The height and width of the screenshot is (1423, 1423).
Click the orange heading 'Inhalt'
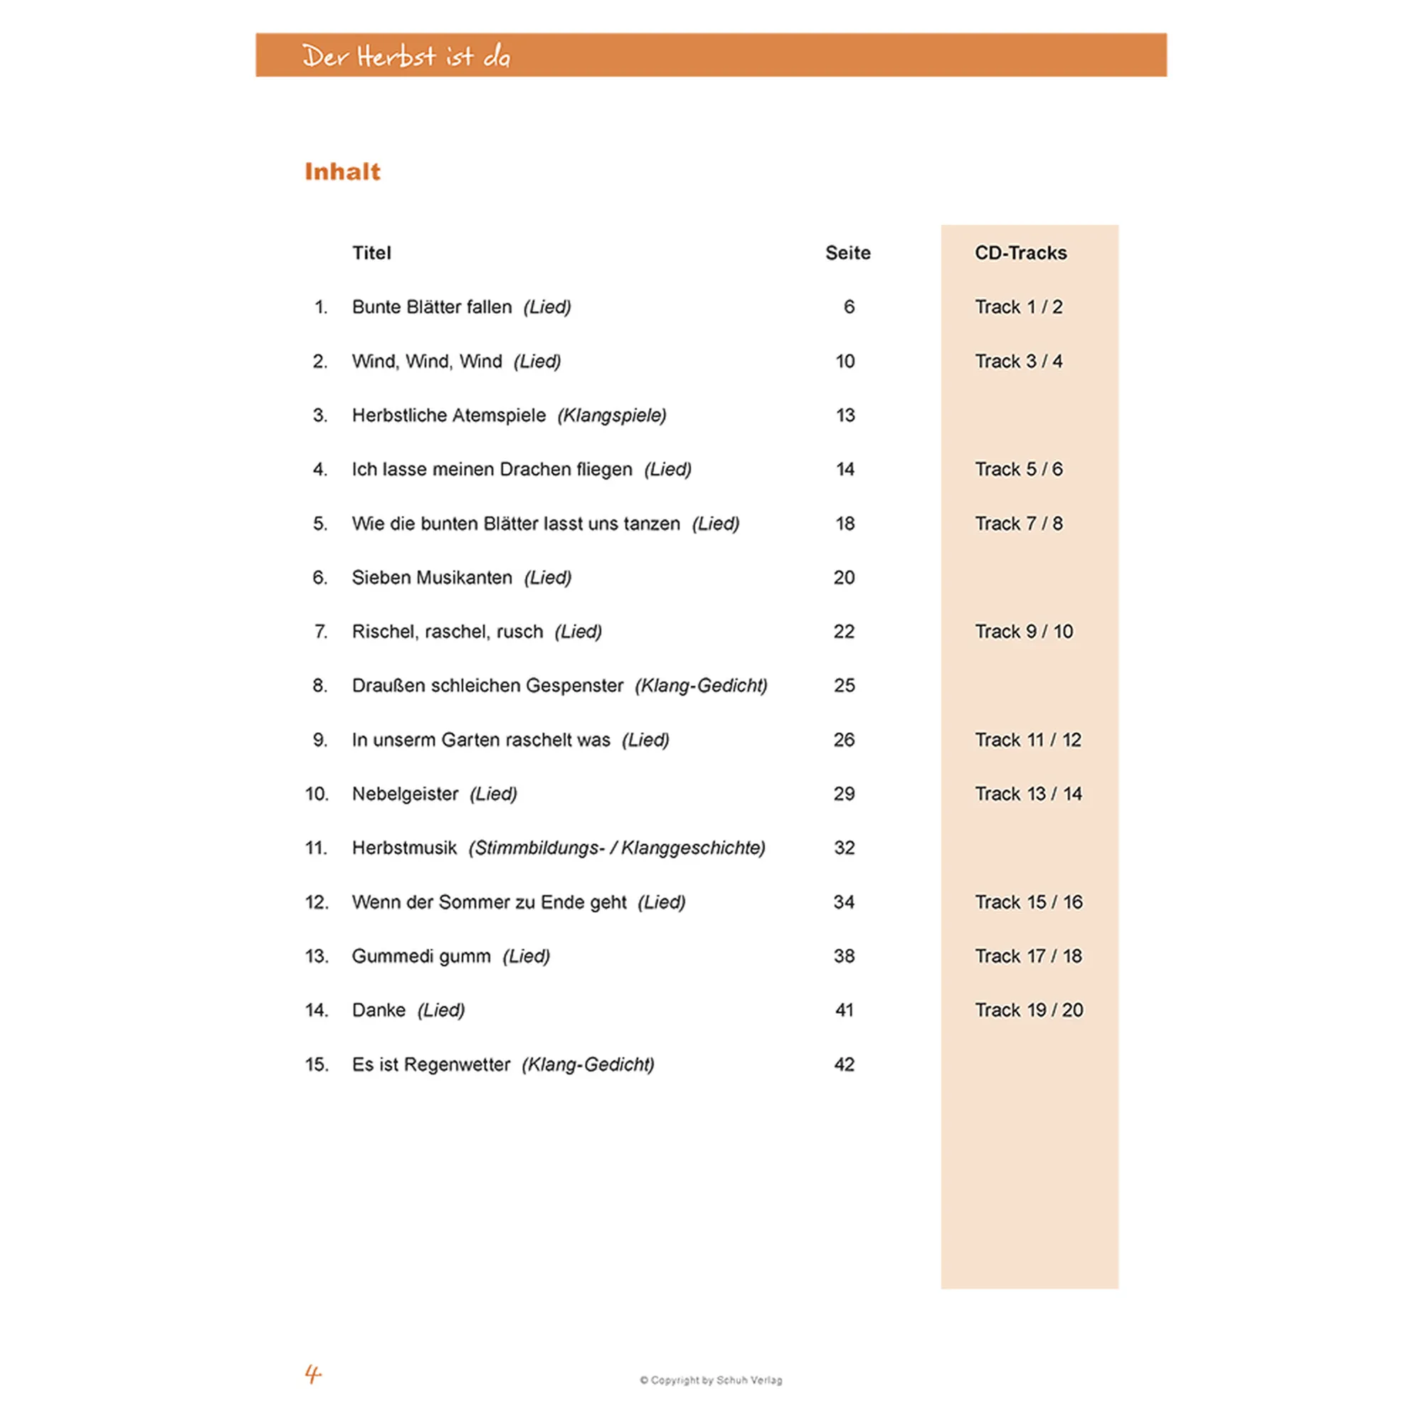point(342,171)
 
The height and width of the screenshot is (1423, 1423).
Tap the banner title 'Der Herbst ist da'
point(406,57)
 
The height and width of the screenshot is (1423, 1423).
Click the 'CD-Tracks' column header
point(1020,253)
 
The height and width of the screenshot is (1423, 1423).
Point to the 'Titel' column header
point(371,253)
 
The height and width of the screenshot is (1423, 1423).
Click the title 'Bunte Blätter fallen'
point(432,307)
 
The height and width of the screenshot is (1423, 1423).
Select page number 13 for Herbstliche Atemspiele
point(845,416)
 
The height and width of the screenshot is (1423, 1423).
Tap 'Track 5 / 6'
point(1019,469)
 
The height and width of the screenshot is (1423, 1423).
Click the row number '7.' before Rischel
point(320,632)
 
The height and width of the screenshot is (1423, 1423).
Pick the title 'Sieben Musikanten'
point(432,578)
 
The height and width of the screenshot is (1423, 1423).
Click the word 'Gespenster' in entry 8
point(575,686)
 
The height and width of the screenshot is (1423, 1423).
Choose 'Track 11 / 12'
point(1027,739)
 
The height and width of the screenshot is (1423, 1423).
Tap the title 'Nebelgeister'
point(405,794)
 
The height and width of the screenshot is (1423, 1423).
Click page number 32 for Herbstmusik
point(844,848)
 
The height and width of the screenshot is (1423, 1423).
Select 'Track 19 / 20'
point(1029,1010)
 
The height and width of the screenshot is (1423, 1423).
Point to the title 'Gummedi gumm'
point(421,956)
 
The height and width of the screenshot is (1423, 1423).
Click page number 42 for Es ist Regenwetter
point(844,1064)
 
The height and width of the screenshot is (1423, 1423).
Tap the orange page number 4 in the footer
point(313,1374)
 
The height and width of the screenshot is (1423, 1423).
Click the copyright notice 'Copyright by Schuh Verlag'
point(711,1380)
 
